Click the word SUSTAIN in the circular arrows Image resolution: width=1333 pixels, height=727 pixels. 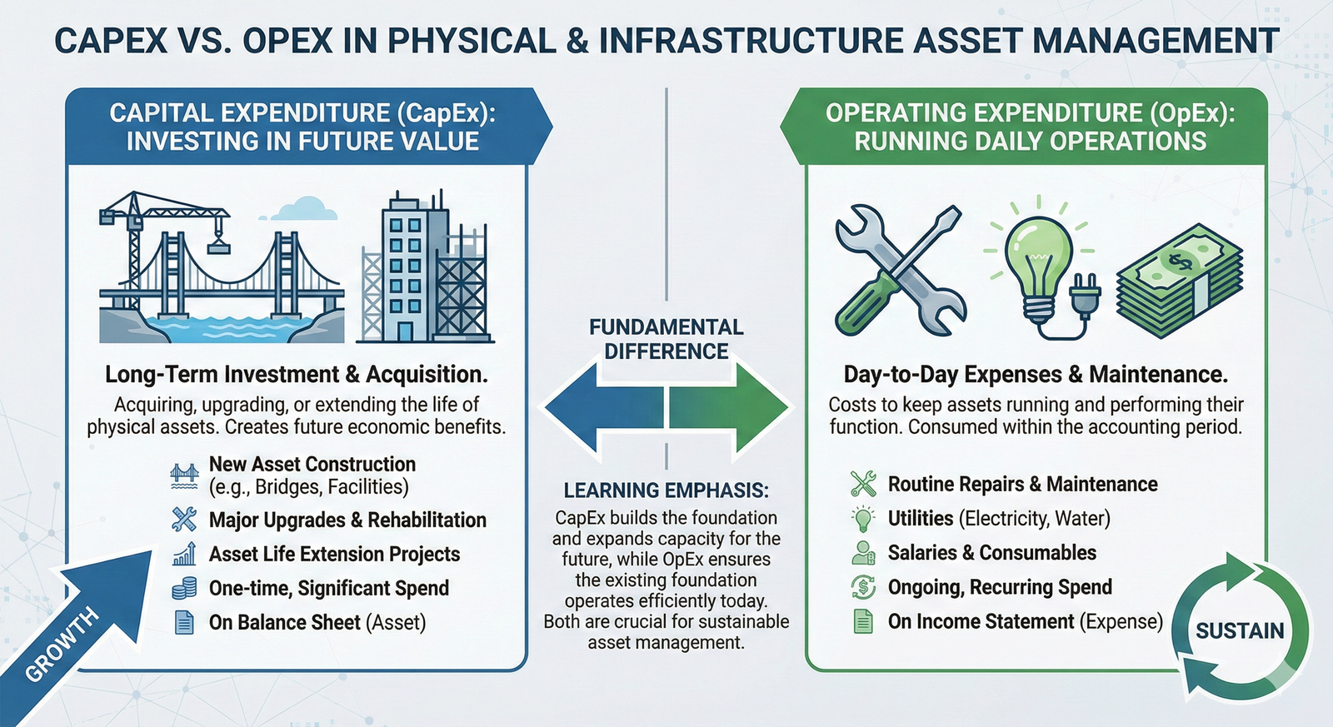[x=1240, y=631]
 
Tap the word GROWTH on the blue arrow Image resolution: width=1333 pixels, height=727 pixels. [x=62, y=645]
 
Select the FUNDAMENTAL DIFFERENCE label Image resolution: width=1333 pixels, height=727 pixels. [x=666, y=339]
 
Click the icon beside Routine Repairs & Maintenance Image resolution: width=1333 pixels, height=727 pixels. [x=863, y=484]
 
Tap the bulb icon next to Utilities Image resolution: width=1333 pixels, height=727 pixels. [x=863, y=518]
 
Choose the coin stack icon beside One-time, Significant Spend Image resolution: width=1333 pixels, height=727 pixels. [x=184, y=589]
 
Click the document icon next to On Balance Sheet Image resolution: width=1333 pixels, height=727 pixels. [x=184, y=622]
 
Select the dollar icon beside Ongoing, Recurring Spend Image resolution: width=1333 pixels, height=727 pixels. [x=863, y=587]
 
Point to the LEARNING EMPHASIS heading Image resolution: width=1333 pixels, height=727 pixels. [x=666, y=490]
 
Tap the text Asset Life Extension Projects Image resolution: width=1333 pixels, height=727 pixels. [x=334, y=554]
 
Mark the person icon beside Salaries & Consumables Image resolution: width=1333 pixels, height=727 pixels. [x=863, y=553]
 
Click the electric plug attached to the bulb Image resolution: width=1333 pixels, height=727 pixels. [x=1085, y=293]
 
